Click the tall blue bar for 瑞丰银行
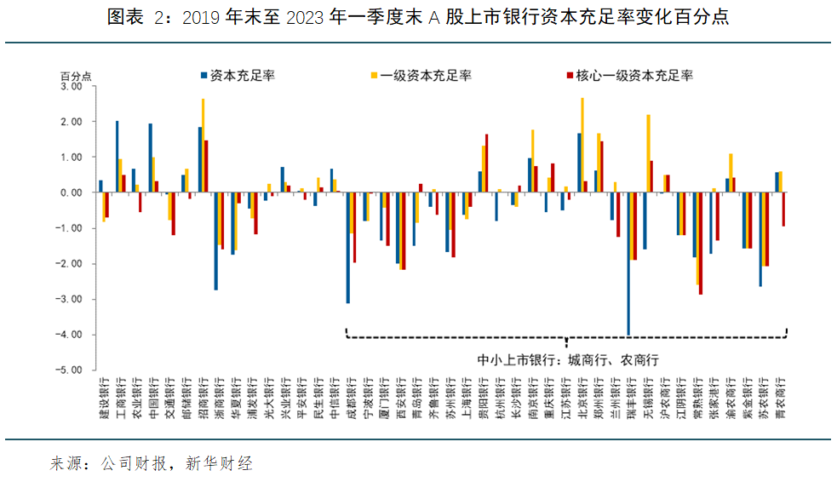628,264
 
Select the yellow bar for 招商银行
203,146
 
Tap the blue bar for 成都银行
347,248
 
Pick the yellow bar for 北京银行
582,145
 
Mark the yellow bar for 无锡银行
649,153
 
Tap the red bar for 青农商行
783,209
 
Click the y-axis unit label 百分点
75,76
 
